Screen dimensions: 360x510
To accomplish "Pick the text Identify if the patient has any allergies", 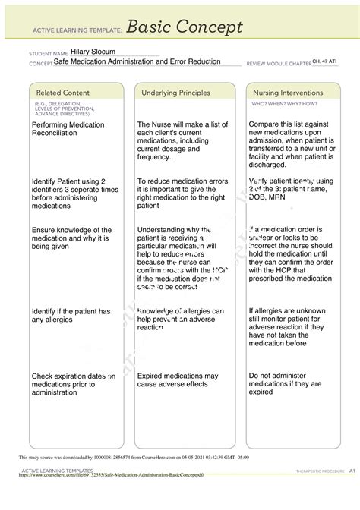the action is [x=71, y=316].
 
